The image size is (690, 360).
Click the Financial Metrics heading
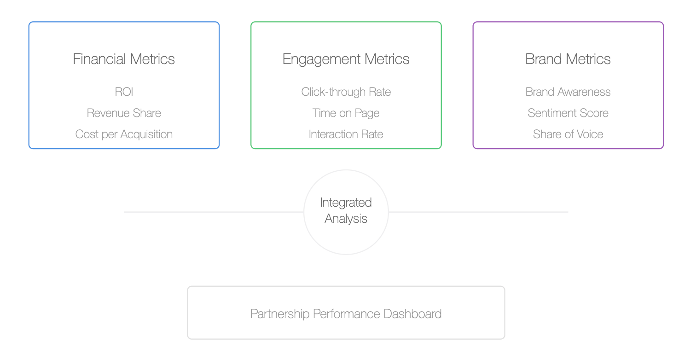[124, 59]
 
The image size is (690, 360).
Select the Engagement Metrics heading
[346, 59]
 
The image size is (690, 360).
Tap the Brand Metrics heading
[568, 59]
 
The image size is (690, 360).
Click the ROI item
[124, 92]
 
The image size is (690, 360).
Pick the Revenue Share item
[124, 113]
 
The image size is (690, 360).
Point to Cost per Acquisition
[124, 134]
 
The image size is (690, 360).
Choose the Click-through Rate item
[346, 92]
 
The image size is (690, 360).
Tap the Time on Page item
[346, 113]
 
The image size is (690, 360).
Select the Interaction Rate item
[346, 134]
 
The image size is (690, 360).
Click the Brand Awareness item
[568, 92]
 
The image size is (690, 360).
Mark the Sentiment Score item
[568, 113]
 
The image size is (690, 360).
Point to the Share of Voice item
[568, 134]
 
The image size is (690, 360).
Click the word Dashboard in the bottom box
[412, 314]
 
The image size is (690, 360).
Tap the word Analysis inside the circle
[346, 219]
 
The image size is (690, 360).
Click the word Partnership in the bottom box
[280, 314]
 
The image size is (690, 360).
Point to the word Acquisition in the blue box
[146, 134]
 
